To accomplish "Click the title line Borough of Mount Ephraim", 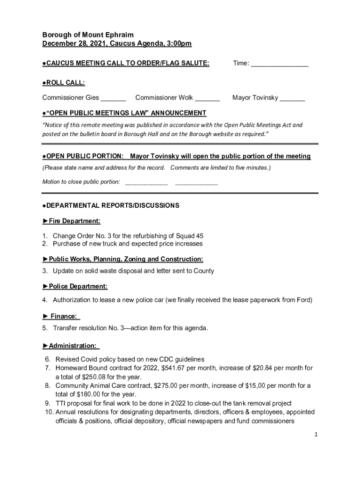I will pos(88,35).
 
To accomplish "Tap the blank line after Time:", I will pos(280,64).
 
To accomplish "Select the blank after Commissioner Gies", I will pos(114,98).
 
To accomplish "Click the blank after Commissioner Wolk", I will pos(207,98).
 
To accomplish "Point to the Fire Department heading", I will pos(74,221).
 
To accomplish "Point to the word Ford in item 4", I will pos(304,300).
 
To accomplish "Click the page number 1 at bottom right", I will pos(316,435).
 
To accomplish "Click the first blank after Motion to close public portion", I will pos(146,182).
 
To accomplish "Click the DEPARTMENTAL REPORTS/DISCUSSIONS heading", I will pos(112,205).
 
